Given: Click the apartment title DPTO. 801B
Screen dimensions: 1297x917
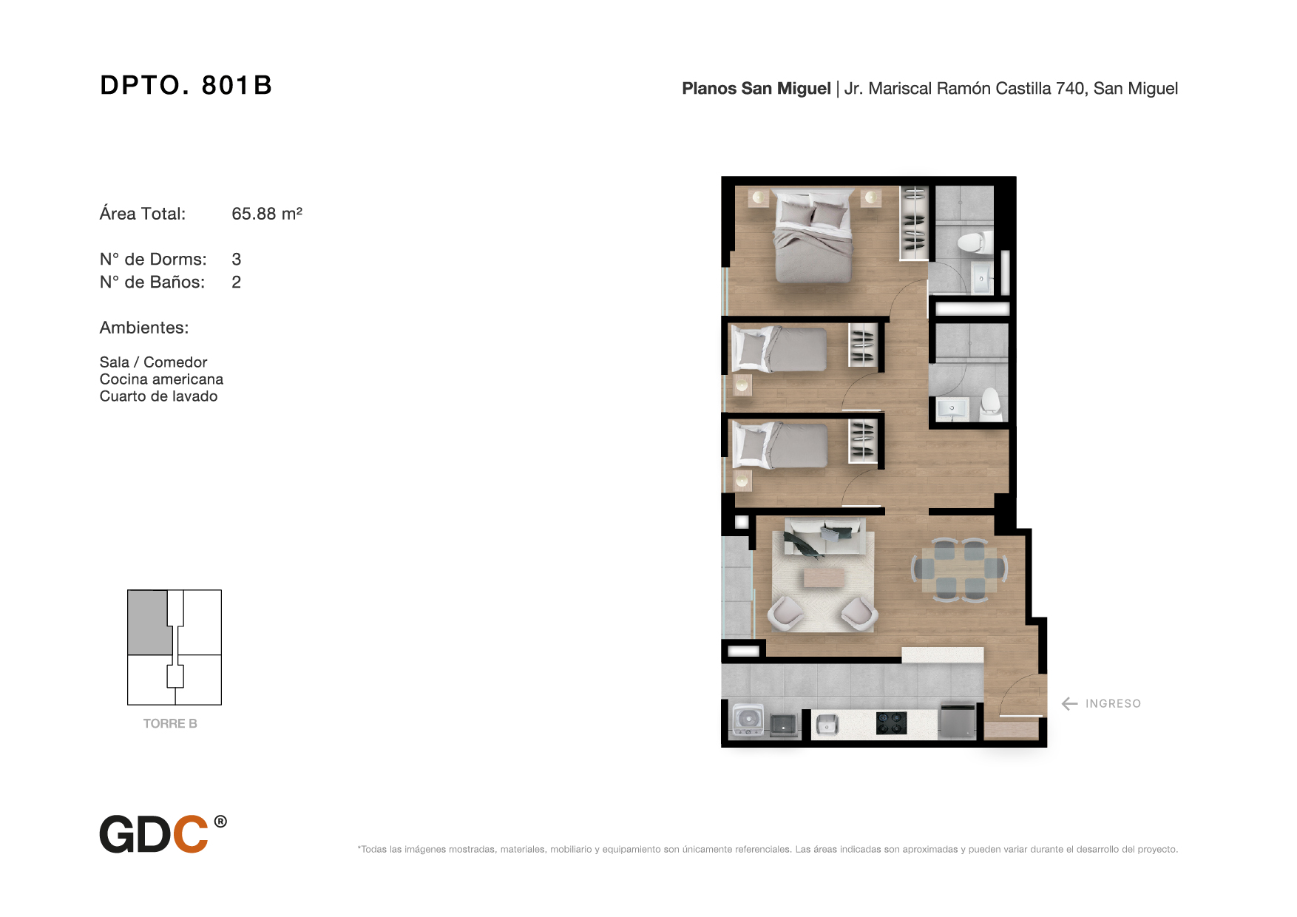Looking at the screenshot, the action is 186,85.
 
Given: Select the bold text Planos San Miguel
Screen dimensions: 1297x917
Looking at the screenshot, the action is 756,89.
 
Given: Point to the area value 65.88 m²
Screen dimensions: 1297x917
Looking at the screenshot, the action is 267,214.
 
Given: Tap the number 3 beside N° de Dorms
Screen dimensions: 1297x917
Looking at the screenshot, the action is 237,260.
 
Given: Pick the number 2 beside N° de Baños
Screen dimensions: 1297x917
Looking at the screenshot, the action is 237,282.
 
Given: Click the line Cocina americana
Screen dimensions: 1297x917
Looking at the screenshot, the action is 161,379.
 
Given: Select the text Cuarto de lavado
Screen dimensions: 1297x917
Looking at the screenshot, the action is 158,396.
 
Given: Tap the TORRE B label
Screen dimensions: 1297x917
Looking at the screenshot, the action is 170,724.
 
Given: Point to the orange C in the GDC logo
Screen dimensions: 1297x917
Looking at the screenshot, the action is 190,834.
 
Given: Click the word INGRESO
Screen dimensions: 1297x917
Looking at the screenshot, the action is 1113,704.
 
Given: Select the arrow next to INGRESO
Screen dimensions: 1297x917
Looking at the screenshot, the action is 1069,704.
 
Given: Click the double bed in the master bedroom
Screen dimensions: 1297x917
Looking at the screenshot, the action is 812,236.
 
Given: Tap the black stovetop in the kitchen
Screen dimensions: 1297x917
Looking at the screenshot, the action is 891,723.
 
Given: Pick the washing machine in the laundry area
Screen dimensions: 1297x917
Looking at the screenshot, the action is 748,721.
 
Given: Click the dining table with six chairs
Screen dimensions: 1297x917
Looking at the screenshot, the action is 960,569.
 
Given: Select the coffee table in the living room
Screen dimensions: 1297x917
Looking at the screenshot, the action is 824,577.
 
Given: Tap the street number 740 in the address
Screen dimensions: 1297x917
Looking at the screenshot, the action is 1070,89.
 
